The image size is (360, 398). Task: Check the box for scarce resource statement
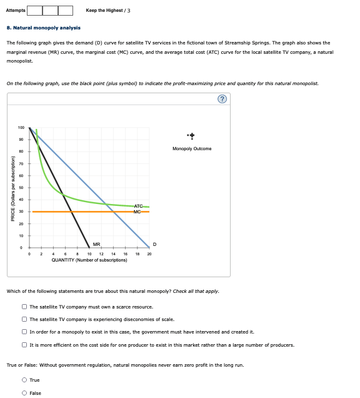point(24,307)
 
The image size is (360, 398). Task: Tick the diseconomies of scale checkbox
point(24,320)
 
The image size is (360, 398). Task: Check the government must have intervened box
point(24,332)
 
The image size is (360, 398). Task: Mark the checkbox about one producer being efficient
point(24,344)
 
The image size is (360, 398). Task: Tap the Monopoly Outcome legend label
point(192,149)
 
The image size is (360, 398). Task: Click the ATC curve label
point(139,206)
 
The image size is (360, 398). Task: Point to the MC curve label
point(139,212)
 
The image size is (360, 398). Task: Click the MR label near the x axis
point(96,245)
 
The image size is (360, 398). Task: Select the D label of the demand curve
point(154,245)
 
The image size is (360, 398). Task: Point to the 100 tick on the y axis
point(21,127)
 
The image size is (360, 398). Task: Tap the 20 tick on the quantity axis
point(149,254)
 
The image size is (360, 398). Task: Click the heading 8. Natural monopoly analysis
point(43,28)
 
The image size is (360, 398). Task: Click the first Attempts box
point(34,10)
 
